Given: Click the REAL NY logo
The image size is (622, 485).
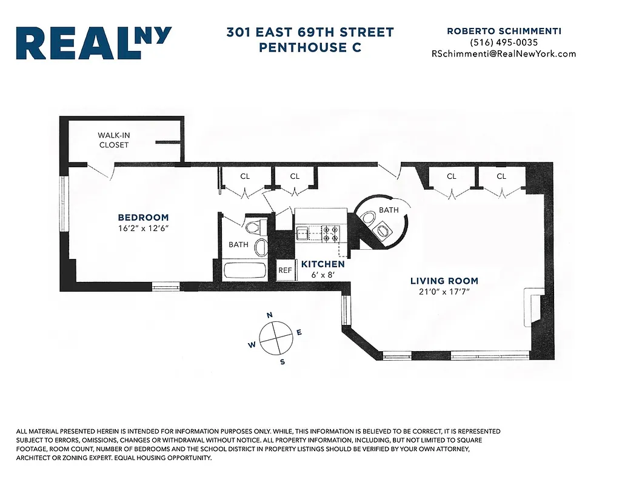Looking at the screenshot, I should (94, 43).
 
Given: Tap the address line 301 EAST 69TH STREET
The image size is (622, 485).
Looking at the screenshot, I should (310, 32).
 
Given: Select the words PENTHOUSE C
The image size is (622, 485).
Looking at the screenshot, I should (310, 47).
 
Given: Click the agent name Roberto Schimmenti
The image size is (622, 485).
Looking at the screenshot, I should (503, 31).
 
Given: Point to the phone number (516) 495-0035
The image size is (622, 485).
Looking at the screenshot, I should (503, 42).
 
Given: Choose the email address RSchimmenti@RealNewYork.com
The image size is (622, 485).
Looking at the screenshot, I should (503, 54).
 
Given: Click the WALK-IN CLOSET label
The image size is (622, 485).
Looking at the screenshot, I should (113, 140).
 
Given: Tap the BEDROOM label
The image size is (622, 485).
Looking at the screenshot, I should (143, 218).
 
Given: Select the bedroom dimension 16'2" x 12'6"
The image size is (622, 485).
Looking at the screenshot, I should (143, 229).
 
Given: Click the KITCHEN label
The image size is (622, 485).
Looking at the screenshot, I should (323, 264).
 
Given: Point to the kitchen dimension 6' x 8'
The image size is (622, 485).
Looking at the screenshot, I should (323, 275).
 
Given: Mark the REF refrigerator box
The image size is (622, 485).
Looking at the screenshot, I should (285, 270).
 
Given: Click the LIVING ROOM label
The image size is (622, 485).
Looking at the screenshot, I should (444, 281).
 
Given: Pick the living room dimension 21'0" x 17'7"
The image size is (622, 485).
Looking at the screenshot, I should (444, 292).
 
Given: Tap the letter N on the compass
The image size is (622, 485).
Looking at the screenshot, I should (269, 315).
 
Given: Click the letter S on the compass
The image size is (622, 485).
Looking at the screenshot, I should (282, 362).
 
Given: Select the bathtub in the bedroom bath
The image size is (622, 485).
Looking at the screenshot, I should (245, 270).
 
